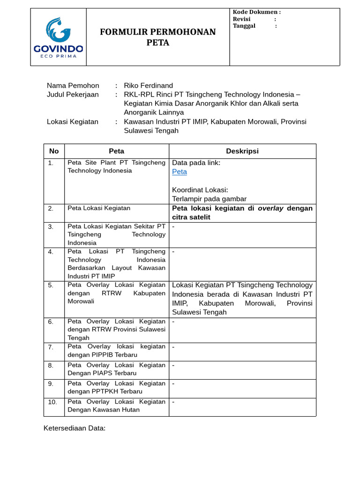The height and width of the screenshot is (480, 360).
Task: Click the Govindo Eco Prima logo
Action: (x=58, y=37)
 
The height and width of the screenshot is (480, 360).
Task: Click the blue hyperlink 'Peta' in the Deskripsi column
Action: (x=180, y=172)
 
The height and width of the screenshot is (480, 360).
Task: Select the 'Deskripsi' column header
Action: (x=242, y=151)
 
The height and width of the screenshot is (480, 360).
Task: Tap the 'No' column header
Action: (x=54, y=151)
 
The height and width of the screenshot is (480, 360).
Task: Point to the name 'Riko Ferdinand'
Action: (x=148, y=85)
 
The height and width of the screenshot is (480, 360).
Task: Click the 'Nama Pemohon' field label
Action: (x=73, y=85)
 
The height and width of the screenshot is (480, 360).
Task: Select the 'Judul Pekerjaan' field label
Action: (x=73, y=95)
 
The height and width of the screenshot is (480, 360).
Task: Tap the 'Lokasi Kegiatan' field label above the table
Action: (x=73, y=122)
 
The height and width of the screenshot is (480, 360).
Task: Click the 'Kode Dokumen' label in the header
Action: (x=256, y=12)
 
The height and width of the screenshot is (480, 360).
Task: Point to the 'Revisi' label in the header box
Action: (x=242, y=19)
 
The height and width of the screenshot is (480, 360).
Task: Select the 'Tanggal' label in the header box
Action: (x=244, y=26)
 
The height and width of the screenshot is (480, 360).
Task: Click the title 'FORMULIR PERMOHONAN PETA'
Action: (x=158, y=37)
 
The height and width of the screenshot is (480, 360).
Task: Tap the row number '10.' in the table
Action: (x=52, y=402)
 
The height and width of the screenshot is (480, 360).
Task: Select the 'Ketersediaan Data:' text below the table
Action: (x=75, y=428)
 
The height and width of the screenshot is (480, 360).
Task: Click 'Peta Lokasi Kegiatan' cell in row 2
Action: (x=99, y=208)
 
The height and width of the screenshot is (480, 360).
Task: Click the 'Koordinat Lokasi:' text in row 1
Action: (x=200, y=190)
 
